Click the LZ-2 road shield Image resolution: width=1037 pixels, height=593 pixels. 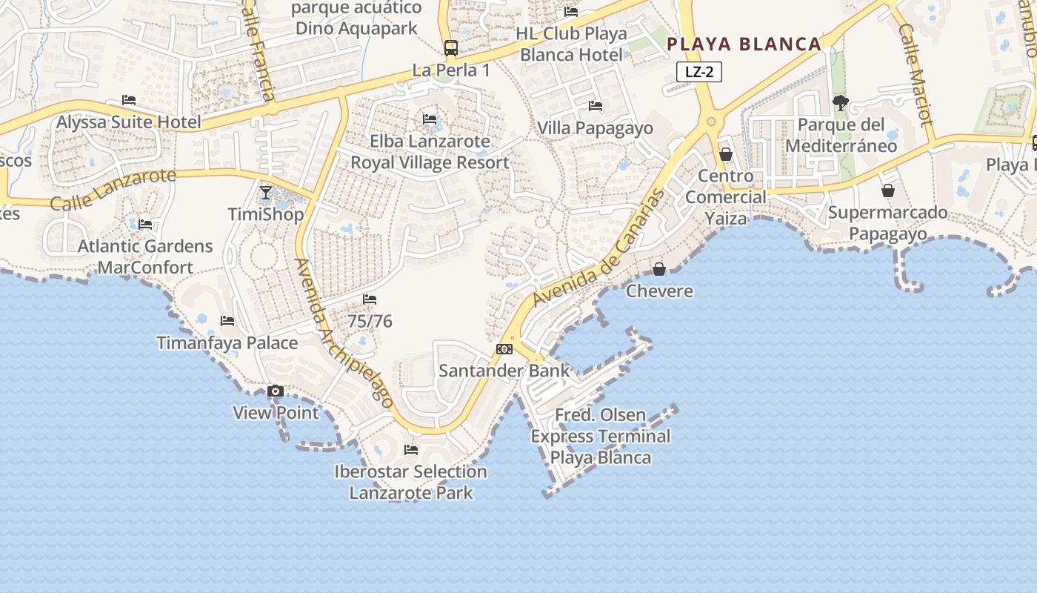tap(698, 72)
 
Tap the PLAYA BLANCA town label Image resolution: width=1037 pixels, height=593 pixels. tap(744, 44)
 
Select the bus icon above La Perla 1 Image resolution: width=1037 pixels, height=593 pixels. tap(450, 48)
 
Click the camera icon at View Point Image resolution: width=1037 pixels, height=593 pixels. tap(276, 391)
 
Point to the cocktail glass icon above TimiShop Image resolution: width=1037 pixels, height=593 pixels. tap(266, 193)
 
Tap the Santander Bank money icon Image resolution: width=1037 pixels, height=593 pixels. tap(504, 349)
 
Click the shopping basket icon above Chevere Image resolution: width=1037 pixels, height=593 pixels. tap(658, 269)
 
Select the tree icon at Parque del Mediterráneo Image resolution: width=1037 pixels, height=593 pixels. tap(840, 102)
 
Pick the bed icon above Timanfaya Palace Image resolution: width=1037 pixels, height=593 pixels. tap(227, 321)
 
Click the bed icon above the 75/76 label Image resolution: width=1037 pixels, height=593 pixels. tap(370, 299)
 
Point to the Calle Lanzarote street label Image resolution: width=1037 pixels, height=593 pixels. tap(113, 189)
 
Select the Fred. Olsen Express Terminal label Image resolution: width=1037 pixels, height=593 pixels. tap(600, 436)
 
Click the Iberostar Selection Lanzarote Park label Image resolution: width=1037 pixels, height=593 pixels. tap(410, 482)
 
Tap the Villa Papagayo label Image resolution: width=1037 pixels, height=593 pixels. tap(595, 128)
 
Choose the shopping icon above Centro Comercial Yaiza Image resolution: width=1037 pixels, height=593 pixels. tap(726, 154)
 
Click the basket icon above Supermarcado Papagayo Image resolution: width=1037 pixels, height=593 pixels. tap(887, 191)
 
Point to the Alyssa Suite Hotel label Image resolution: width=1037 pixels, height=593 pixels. tap(129, 122)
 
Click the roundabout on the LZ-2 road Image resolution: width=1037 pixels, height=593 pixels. tap(711, 122)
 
